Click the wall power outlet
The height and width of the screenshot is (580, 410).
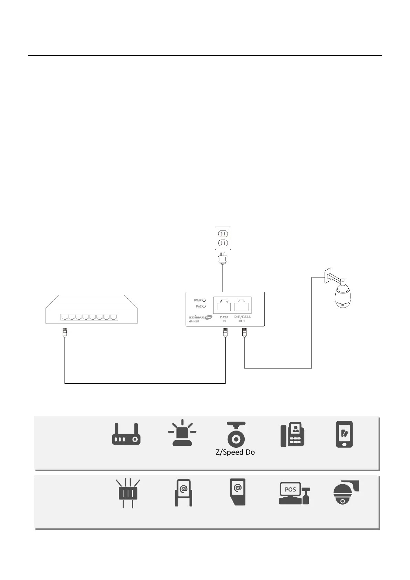[x=223, y=238]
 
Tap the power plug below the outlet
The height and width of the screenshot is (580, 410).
[x=223, y=259]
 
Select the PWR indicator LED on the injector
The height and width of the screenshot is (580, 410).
[x=204, y=300]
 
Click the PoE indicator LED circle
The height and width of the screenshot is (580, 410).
[x=204, y=306]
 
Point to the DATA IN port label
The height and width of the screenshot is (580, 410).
[x=224, y=319]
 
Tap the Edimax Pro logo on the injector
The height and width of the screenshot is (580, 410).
[x=200, y=318]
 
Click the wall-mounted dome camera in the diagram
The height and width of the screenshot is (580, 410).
[x=342, y=295]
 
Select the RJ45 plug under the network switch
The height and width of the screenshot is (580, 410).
[x=64, y=332]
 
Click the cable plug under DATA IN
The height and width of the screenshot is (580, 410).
[x=225, y=332]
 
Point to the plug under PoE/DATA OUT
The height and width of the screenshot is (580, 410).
[x=244, y=332]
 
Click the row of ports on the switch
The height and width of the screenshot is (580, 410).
[x=89, y=317]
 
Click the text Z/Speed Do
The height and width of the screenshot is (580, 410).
[x=235, y=452]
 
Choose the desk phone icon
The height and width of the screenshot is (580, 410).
[x=292, y=435]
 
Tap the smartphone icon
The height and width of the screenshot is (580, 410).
[x=344, y=434]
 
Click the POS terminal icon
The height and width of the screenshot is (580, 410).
[x=294, y=493]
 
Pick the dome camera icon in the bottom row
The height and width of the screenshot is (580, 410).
[x=346, y=492]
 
